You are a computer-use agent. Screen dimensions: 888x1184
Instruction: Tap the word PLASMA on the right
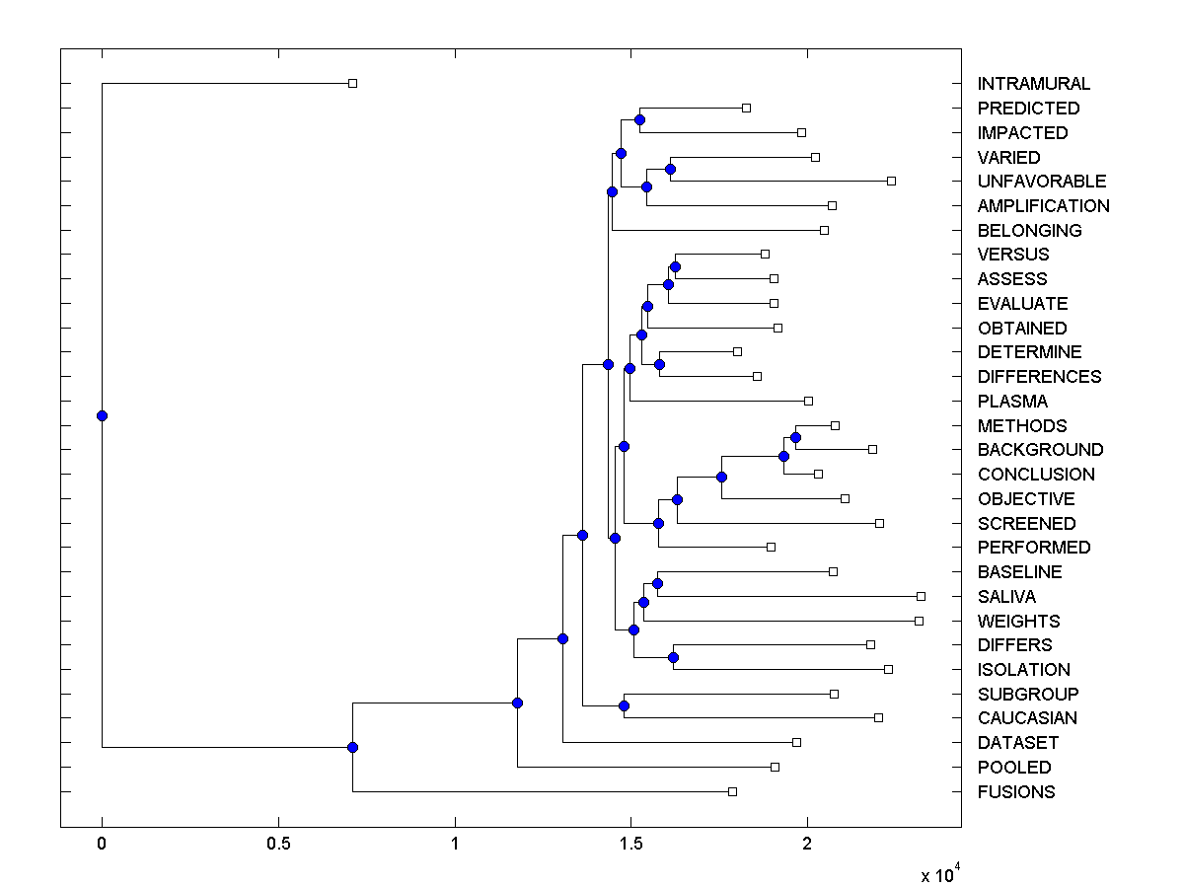tap(1012, 402)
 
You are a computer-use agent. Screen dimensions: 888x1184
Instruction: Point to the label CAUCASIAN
tap(1027, 718)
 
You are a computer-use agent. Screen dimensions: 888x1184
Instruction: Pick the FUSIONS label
tap(1016, 792)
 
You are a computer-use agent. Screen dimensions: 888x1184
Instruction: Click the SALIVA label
tap(1006, 597)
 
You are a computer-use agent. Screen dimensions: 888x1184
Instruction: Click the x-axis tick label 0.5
tap(278, 845)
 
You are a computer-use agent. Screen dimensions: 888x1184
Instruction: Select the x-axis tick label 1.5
tap(631, 845)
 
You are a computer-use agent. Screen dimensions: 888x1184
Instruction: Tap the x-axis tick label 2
tap(808, 845)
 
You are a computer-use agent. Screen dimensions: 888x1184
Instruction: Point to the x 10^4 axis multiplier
tap(941, 874)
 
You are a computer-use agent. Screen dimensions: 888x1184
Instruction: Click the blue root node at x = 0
tap(102, 415)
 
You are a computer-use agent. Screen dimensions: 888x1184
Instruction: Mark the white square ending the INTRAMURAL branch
tap(352, 83)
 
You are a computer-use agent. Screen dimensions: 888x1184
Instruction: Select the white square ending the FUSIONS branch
tap(732, 791)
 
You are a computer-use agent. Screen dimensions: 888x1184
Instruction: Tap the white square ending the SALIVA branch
tap(921, 596)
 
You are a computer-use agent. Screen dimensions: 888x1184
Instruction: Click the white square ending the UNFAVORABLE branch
tap(891, 181)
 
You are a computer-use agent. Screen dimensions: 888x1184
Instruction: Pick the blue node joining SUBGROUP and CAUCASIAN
tap(624, 705)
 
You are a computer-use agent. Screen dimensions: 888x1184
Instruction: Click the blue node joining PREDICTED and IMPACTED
tap(639, 119)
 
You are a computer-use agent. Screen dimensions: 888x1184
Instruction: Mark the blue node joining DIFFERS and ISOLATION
tap(673, 657)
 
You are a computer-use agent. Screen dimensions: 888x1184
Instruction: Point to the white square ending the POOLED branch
tap(775, 767)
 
